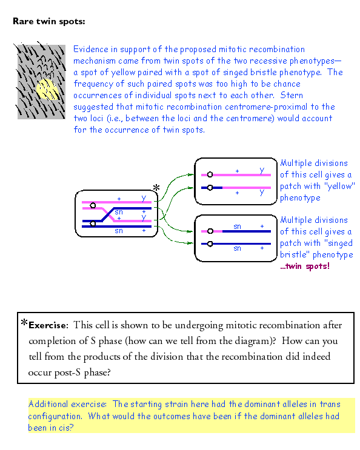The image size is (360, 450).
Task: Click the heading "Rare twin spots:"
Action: [49, 22]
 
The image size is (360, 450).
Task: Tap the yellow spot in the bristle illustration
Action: [47, 89]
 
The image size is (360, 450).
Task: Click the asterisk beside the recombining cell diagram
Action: [156, 188]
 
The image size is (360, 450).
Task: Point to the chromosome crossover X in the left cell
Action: [108, 214]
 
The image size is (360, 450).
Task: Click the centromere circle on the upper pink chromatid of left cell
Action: [93, 205]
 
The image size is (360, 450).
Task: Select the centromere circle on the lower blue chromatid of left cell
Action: [93, 223]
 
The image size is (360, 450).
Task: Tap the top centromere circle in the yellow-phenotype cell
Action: [210, 174]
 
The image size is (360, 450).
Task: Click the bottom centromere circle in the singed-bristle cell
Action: [210, 243]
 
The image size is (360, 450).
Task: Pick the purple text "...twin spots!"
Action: [305, 266]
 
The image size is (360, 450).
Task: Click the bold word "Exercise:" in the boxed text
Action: [48, 325]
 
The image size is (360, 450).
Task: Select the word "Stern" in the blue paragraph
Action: [292, 95]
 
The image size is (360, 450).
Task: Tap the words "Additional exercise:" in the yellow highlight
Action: [67, 404]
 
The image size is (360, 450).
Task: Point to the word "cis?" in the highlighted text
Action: [66, 428]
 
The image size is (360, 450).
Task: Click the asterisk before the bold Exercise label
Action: [24, 323]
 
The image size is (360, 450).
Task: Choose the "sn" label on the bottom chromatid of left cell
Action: [119, 231]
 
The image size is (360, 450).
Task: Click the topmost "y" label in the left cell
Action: [144, 197]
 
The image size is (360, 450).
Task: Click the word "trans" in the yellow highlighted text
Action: [330, 404]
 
